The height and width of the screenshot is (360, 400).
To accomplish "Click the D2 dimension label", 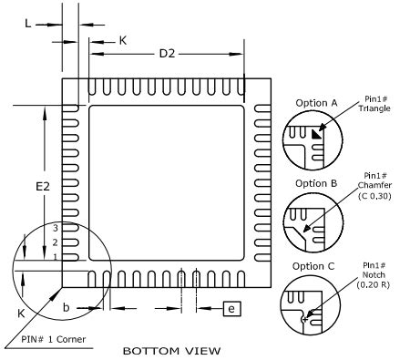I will pos(167,54).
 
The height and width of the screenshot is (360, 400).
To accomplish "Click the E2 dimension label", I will pos(42,186).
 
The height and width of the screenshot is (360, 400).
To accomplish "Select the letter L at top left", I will pos(28,24).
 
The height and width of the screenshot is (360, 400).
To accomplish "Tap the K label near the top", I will pos(123,40).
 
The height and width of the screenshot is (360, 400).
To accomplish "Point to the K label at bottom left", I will pos(21,312).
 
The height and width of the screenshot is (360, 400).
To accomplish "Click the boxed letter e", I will pos(232,310).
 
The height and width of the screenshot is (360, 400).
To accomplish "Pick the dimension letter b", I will pos(67,308).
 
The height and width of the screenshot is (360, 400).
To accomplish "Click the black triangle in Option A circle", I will pos(316,134).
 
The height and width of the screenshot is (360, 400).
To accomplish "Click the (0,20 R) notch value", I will pos(374,283).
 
